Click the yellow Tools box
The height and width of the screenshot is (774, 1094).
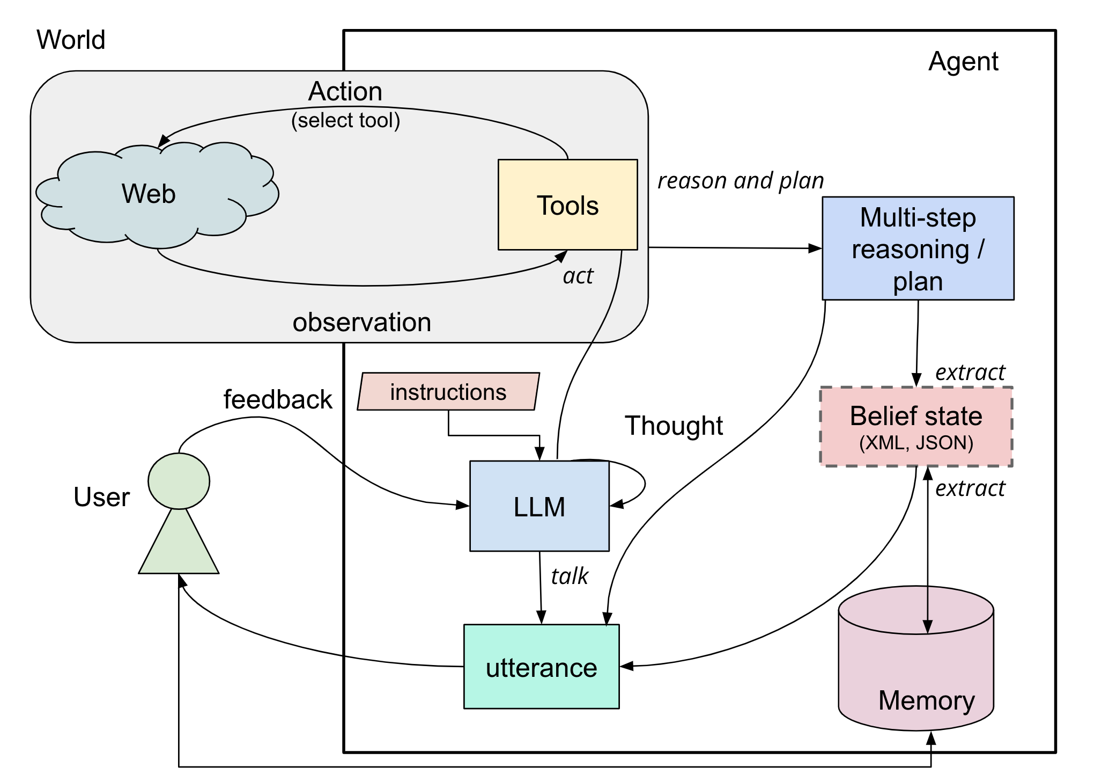567,205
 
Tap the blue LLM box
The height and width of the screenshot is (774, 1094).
539,506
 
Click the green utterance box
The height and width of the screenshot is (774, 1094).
541,667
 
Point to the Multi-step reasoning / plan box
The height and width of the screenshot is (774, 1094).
918,249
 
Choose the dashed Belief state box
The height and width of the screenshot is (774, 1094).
916,426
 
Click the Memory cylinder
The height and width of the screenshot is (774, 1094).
916,671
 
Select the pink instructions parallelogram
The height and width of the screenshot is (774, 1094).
448,392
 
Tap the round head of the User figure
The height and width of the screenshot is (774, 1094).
179,481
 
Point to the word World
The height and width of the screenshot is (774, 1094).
71,40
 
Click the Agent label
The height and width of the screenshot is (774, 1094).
963,61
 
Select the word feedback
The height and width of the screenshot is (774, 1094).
278,400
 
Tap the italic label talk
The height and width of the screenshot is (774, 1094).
570,576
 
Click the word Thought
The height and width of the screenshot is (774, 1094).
674,426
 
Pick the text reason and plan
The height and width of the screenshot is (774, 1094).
741,181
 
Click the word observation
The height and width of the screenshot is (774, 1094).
361,323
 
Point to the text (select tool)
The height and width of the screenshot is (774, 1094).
346,120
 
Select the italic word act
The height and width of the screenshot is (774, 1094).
578,276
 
